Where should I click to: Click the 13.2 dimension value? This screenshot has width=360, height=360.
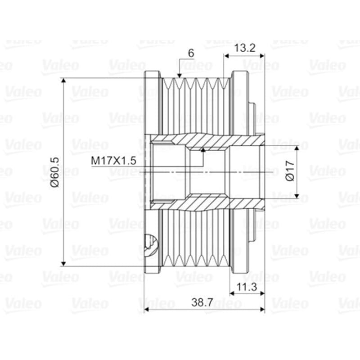pyautogui.click(x=245, y=48)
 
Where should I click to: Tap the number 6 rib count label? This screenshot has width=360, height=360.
pyautogui.click(x=191, y=53)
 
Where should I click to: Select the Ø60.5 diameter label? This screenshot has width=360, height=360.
pyautogui.click(x=55, y=172)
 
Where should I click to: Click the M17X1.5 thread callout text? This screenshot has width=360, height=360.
pyautogui.click(x=114, y=161)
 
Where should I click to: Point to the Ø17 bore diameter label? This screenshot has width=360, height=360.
pyautogui.click(x=290, y=171)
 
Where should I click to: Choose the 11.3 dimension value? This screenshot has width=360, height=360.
pyautogui.click(x=247, y=287)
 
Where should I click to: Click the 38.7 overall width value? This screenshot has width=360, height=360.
pyautogui.click(x=202, y=302)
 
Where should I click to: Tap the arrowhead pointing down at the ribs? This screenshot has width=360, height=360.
pyautogui.click(x=180, y=76)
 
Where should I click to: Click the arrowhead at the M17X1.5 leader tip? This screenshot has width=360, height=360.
pyautogui.click(x=203, y=150)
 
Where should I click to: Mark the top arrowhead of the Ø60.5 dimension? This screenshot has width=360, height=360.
pyautogui.click(x=64, y=81)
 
